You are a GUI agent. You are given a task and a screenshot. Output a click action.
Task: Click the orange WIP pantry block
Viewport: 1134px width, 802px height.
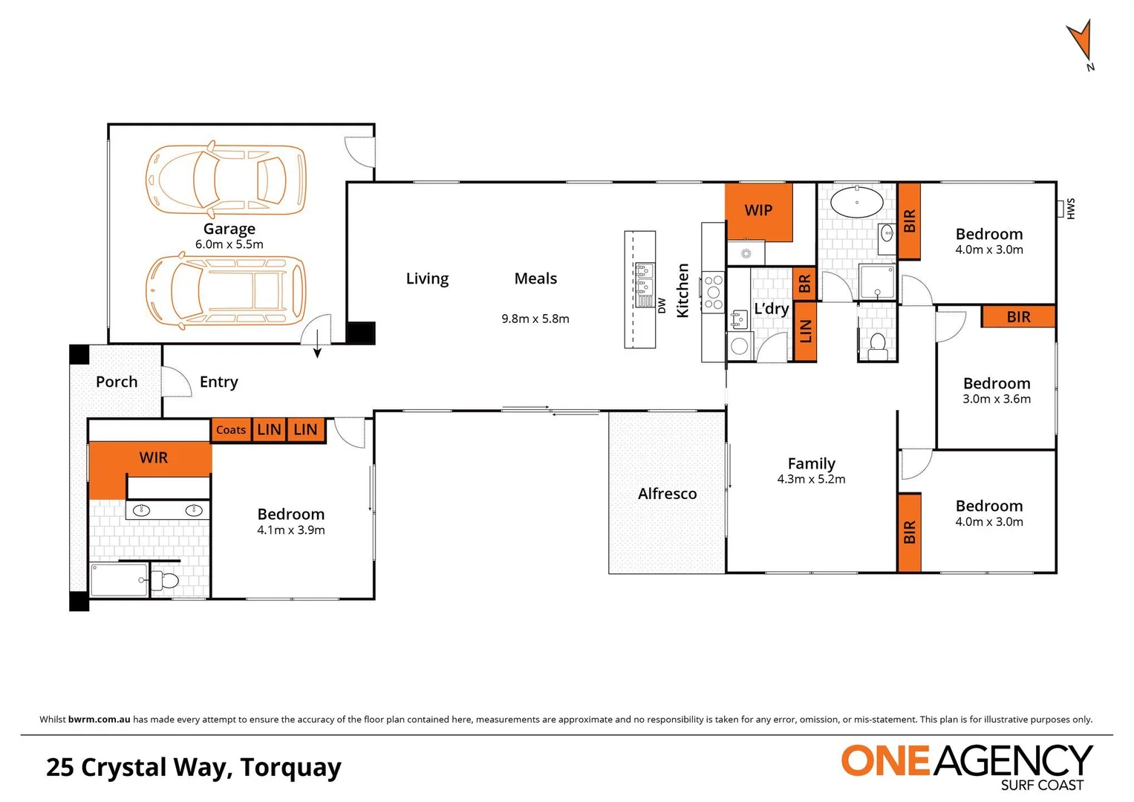pyautogui.click(x=758, y=211)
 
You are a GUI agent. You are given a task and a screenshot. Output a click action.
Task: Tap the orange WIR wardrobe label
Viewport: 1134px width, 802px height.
pyautogui.click(x=153, y=457)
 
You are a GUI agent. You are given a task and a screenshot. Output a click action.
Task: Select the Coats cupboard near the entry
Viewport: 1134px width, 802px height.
pyautogui.click(x=231, y=430)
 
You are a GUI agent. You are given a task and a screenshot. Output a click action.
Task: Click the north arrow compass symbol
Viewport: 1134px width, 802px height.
pyautogui.click(x=1081, y=43)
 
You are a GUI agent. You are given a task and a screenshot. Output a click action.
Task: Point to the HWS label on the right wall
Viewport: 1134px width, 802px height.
pyautogui.click(x=1070, y=209)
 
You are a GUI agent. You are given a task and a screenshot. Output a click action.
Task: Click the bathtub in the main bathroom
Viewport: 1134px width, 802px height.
pyautogui.click(x=856, y=202)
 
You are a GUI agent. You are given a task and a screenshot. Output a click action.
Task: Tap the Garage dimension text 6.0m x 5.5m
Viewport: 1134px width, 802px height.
pyautogui.click(x=229, y=244)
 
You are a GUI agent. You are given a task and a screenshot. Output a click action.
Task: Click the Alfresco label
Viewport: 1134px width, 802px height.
pyautogui.click(x=667, y=494)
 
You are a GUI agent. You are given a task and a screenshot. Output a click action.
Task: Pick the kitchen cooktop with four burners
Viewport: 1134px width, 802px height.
pyautogui.click(x=714, y=293)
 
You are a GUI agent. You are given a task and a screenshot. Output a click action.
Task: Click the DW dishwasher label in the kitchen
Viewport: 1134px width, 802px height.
pyautogui.click(x=662, y=305)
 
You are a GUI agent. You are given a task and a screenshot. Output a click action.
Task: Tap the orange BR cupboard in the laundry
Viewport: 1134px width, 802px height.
pyautogui.click(x=804, y=284)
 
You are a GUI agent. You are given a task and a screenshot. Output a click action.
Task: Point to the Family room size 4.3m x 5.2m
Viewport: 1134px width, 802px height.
pyautogui.click(x=811, y=480)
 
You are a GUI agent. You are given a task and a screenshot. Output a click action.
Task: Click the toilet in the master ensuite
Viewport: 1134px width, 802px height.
pyautogui.click(x=167, y=581)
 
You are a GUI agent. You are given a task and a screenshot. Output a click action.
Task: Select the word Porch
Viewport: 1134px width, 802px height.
pyautogui.click(x=117, y=382)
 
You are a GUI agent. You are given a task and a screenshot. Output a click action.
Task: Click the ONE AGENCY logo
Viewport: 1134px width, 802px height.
pyautogui.click(x=966, y=766)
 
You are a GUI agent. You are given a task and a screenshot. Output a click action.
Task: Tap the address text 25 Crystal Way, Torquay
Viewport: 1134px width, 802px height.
pyautogui.click(x=194, y=767)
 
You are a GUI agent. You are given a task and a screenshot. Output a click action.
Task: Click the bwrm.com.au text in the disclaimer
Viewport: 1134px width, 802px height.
pyautogui.click(x=99, y=719)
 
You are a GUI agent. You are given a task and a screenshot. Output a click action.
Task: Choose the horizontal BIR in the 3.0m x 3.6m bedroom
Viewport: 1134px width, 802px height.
pyautogui.click(x=1018, y=317)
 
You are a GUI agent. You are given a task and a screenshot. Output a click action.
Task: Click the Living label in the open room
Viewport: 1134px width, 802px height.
pyautogui.click(x=427, y=278)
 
